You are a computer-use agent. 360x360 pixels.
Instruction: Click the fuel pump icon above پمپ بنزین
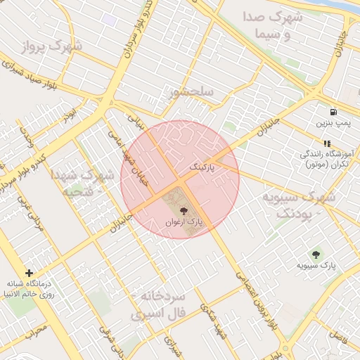[x=333, y=111]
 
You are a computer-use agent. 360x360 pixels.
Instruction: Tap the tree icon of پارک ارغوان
[x=184, y=210]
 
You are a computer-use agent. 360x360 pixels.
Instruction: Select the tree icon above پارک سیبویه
[x=315, y=254]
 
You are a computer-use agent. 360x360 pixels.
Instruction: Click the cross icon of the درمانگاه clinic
[x=29, y=273]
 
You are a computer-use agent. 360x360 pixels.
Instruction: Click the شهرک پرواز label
[x=51, y=47]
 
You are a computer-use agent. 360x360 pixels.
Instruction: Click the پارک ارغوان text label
[x=184, y=222]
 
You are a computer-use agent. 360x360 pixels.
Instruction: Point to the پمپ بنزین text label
[x=332, y=123]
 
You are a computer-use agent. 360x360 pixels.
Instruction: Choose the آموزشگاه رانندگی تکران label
[x=327, y=159]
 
